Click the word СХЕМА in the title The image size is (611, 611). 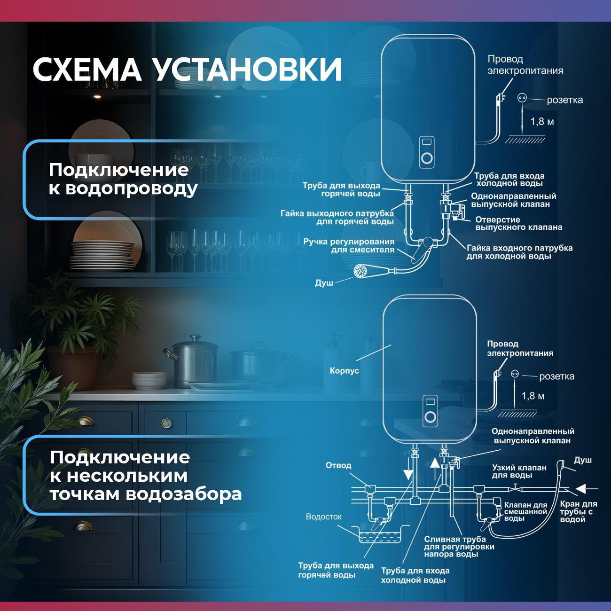[x=87, y=70]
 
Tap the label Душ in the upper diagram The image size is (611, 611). [x=324, y=283]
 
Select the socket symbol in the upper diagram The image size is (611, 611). [x=522, y=98]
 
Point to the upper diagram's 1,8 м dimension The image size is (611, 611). [x=542, y=121]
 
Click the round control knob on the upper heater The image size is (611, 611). [x=427, y=158]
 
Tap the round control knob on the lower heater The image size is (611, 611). [x=430, y=417]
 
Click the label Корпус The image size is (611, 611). [x=345, y=371]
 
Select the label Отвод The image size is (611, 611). [x=338, y=465]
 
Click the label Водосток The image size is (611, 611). [x=324, y=517]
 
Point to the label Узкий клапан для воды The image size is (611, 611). [x=519, y=471]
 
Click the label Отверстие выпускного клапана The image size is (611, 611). [x=519, y=224]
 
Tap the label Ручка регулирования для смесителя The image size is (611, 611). [x=349, y=246]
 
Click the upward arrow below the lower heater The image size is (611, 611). [x=435, y=469]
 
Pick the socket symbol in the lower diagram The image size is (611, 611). [x=515, y=374]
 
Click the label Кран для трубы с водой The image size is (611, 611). [x=579, y=512]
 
